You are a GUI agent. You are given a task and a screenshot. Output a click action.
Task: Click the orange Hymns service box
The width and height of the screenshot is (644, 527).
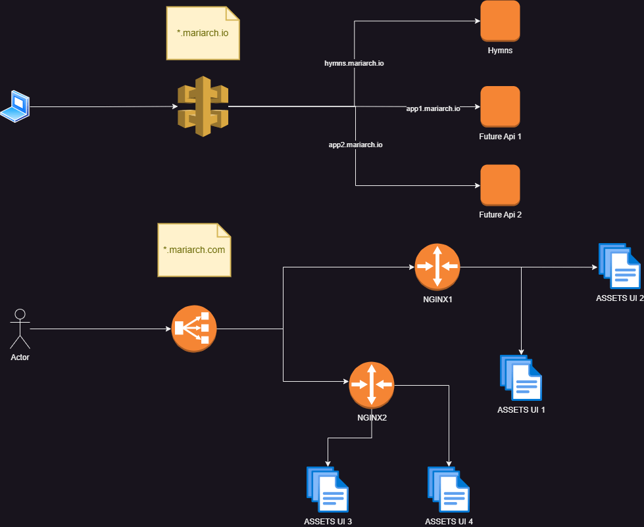500,21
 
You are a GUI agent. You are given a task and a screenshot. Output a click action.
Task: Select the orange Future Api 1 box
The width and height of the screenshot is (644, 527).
500,106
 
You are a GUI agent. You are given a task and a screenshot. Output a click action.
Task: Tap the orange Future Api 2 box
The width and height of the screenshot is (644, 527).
500,185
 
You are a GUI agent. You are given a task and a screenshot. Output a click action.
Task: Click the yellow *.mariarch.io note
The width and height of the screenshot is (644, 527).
203,32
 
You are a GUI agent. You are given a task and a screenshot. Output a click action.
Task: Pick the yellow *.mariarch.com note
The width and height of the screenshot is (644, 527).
194,250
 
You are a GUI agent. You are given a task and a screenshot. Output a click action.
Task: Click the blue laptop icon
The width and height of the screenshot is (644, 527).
14,106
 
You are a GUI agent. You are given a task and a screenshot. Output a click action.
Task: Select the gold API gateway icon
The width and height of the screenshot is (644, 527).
203,106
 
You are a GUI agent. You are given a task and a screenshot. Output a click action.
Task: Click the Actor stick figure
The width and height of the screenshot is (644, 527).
20,329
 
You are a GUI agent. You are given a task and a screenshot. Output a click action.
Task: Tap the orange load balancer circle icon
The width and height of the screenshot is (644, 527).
194,329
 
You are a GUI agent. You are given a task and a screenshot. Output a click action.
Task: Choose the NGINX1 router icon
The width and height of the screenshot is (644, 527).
437,266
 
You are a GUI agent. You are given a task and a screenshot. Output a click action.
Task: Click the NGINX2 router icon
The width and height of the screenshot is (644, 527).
372,383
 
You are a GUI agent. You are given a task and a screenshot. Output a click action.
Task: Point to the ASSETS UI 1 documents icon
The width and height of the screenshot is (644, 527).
521,378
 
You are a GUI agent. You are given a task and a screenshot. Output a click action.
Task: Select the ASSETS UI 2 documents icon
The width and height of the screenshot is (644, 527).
619,266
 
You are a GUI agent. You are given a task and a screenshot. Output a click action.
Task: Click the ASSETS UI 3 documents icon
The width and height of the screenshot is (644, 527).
327,490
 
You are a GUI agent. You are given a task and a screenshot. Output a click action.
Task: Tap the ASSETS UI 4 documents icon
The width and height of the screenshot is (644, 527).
449,490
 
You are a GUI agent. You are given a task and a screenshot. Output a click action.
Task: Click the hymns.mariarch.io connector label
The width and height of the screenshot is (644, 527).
354,64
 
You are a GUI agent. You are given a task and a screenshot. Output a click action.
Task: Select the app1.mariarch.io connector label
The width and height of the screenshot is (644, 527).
433,108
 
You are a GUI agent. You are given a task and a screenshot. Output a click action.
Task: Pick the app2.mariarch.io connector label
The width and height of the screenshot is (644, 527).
355,144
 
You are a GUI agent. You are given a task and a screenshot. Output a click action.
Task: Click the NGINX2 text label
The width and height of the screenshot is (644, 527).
372,417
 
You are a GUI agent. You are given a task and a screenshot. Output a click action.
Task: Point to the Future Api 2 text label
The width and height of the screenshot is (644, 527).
500,215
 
